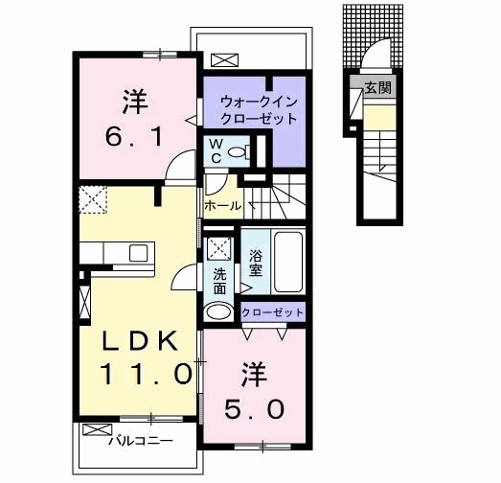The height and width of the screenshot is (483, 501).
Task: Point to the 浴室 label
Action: [x=256, y=263]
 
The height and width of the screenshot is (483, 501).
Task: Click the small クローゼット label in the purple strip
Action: [x=272, y=312]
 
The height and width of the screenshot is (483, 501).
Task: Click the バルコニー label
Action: [x=140, y=442]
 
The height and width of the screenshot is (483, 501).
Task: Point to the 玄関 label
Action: [x=374, y=87]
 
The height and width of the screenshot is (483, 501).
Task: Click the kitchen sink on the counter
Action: [x=138, y=253]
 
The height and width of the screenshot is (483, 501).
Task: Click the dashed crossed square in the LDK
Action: [x=93, y=201]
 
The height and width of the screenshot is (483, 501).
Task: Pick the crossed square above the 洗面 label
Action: [x=219, y=248]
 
